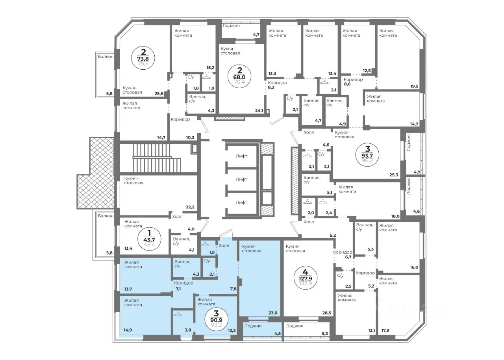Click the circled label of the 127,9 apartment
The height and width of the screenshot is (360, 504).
305,280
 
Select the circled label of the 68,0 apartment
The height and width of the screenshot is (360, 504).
239,76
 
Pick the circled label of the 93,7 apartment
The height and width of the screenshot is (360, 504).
367,155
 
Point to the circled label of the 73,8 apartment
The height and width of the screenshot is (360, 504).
143,58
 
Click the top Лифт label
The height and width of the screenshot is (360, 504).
241,156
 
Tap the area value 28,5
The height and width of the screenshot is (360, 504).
327,313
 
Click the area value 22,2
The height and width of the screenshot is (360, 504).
190,207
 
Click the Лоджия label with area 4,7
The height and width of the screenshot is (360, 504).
231,26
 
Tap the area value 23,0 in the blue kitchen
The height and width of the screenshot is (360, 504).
273,313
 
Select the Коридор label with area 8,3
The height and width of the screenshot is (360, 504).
278,83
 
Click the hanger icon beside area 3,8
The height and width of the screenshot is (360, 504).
178,314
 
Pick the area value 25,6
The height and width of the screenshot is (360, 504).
159,94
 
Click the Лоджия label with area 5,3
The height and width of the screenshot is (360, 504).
295,326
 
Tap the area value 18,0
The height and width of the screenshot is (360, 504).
395,216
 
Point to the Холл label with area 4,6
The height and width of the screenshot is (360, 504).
309,132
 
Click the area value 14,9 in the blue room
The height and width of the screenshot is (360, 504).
128,330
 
